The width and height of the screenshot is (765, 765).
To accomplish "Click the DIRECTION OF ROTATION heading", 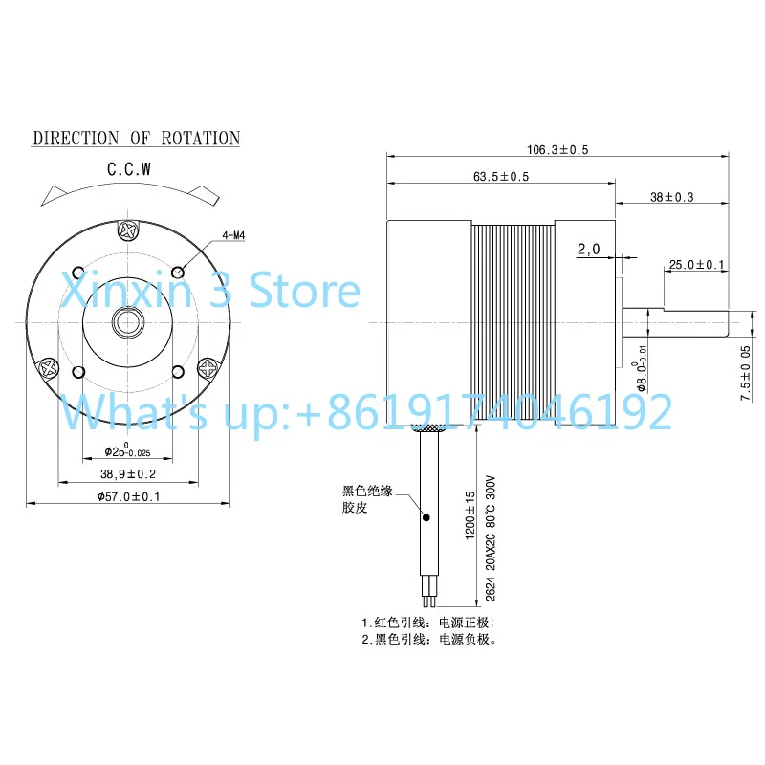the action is [136, 138].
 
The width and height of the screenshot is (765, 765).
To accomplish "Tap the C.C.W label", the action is [129, 169].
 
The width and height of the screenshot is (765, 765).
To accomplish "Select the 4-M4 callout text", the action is [233, 235].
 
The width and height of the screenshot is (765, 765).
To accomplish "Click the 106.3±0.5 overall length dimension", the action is [557, 150].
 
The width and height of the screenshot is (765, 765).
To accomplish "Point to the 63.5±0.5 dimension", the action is [500, 177].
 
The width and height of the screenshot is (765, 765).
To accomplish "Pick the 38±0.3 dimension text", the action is [672, 197].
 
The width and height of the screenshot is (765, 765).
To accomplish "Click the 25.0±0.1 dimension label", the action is [697, 265].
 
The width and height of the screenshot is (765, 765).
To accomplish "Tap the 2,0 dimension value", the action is [588, 250].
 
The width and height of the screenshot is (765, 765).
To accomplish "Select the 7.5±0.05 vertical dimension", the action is [746, 373].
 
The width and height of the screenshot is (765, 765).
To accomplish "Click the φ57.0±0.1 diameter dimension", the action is [128, 496].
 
